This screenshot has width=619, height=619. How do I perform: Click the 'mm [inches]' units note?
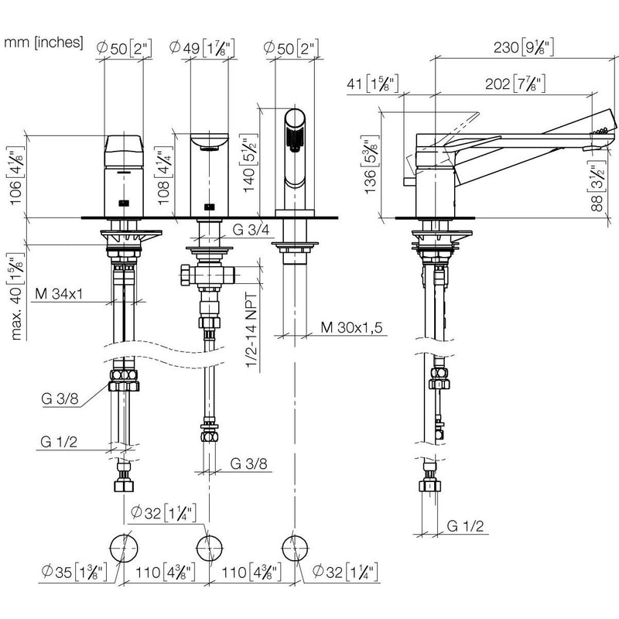click(x=43, y=42)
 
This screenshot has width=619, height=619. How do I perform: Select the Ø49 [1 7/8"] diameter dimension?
click(x=202, y=48)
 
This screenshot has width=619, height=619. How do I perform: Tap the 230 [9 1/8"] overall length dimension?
click(x=524, y=47)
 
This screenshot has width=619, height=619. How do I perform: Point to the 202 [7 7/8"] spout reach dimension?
click(x=515, y=84)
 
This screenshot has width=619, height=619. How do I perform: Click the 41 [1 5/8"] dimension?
click(x=373, y=84)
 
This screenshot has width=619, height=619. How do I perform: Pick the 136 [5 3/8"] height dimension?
click(x=371, y=164)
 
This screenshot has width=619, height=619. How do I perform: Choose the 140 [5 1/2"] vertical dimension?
click(x=249, y=162)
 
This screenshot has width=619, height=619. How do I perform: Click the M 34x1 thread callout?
click(x=59, y=294)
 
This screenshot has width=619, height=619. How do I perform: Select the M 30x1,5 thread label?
click(x=352, y=327)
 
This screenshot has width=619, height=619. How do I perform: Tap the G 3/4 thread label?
click(x=251, y=229)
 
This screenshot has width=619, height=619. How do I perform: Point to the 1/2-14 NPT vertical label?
click(x=251, y=330)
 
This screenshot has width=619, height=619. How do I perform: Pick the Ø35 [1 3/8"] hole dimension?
click(x=74, y=572)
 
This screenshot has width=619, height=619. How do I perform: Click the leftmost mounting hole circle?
click(x=124, y=549)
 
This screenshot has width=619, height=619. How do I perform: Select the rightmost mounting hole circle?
click(x=296, y=549)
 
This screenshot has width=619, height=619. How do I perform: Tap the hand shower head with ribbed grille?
click(x=295, y=130)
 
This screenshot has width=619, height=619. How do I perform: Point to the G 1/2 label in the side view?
click(x=465, y=526)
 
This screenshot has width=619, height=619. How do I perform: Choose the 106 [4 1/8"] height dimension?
click(x=15, y=176)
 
